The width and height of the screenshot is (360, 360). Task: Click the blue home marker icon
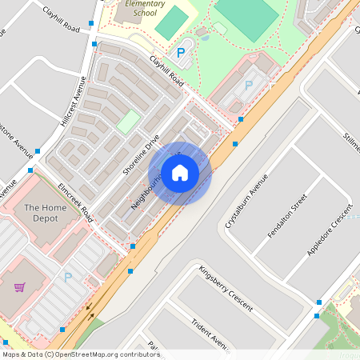pyautogui.click(x=180, y=173)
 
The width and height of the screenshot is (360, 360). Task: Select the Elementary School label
pyautogui.click(x=146, y=8)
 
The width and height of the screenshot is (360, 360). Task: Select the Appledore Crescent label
pyautogui.click(x=330, y=231)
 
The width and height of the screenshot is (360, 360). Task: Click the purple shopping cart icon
pyautogui.click(x=19, y=286)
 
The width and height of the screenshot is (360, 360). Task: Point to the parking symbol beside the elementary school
pyautogui.click(x=181, y=52)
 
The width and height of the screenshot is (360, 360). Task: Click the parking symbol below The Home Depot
pyautogui.click(x=68, y=278)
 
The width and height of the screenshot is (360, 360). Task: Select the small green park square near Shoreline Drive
pyautogui.click(x=127, y=122)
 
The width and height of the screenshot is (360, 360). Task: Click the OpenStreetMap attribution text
pyautogui.click(x=81, y=354)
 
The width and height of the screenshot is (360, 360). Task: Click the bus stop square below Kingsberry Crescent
pyautogui.click(x=318, y=303)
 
